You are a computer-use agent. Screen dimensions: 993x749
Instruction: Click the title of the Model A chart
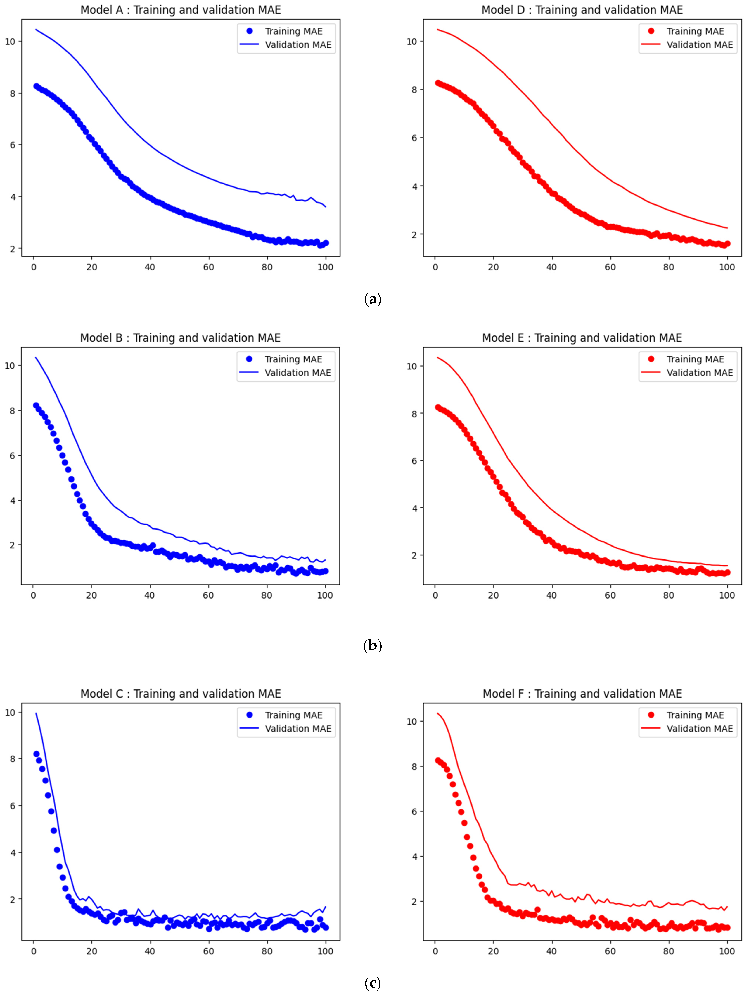[x=180, y=10]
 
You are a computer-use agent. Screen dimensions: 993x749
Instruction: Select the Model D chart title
[x=582, y=10]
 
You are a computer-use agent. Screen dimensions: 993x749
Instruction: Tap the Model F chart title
[x=582, y=694]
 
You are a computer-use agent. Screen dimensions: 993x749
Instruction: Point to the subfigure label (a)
[x=373, y=299]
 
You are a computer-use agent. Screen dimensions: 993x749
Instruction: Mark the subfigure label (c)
[x=373, y=983]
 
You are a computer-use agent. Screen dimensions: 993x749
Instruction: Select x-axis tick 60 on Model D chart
[x=610, y=267]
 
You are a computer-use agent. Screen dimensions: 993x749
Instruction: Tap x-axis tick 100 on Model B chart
[x=325, y=595]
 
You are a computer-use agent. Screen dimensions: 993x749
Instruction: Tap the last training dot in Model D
[x=727, y=244]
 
